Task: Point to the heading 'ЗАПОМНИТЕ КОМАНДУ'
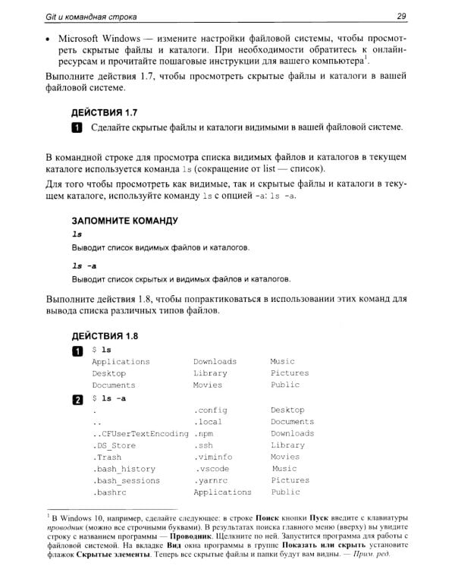(124, 221)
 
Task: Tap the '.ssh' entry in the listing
(205, 445)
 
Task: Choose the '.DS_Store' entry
(115, 445)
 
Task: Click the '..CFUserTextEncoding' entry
(140, 433)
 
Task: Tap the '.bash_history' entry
(124, 469)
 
